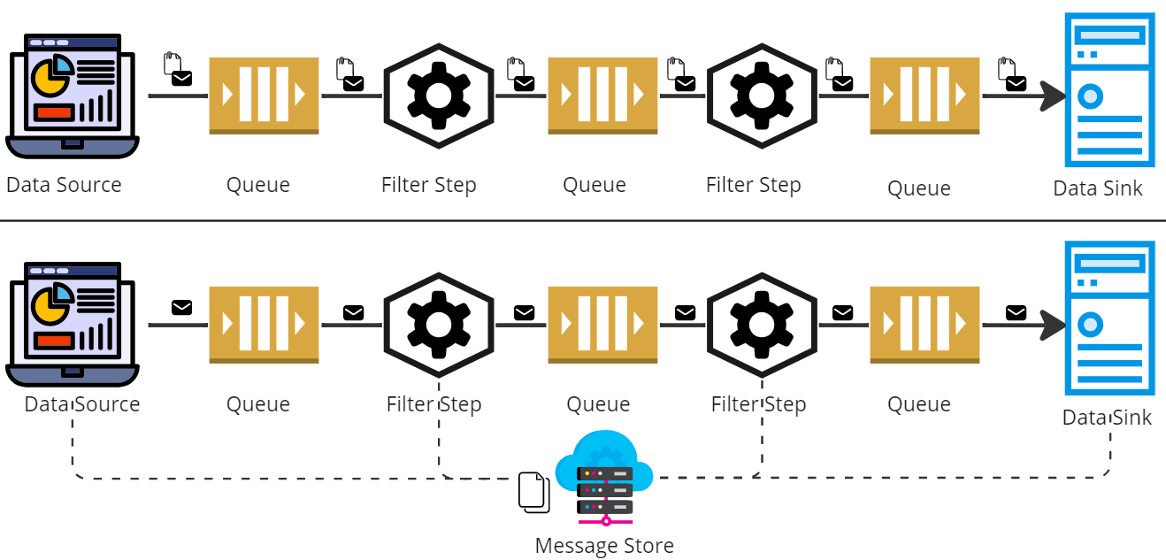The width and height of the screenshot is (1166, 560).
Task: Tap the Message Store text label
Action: coord(604,546)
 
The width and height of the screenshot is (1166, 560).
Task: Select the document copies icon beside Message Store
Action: coord(533,492)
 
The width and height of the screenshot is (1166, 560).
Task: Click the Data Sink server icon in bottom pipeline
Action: coord(1109,318)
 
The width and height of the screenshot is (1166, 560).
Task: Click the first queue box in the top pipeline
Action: coord(264,95)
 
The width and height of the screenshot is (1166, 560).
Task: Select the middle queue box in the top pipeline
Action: coord(602,95)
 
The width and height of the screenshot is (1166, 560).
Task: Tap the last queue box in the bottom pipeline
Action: coord(924,324)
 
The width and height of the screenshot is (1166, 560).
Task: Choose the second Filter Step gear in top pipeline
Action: coord(762,96)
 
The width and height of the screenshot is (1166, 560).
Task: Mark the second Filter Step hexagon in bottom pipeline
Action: coord(762,325)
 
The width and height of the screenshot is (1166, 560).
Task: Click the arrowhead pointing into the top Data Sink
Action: coord(1052,96)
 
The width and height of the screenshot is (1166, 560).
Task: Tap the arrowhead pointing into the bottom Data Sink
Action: coord(1052,325)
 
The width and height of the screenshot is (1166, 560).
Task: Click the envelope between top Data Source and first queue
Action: coord(181,79)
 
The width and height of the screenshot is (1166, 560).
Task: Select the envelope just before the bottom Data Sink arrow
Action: coord(1016,312)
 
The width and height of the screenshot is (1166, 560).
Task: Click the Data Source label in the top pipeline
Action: coord(64,185)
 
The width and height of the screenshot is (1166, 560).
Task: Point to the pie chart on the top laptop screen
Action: coord(51,76)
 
